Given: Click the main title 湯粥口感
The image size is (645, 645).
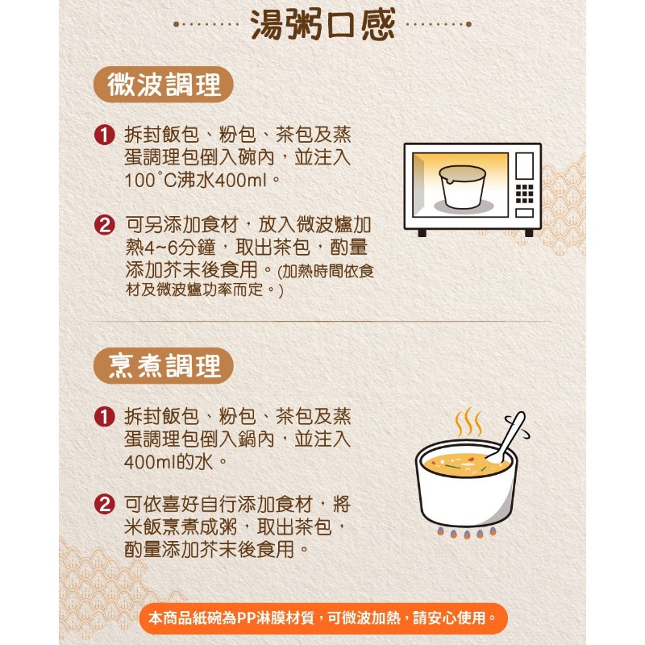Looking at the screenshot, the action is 322,25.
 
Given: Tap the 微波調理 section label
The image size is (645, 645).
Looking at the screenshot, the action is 164,85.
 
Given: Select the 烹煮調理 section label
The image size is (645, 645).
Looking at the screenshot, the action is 164,366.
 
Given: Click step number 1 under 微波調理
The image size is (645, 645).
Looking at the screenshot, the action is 105,135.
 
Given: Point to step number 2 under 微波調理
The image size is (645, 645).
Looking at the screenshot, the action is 105,226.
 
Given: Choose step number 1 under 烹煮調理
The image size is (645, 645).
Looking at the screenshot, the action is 105,417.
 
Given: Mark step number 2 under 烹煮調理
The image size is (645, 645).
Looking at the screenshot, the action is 105,505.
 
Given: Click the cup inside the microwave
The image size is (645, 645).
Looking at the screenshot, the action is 463,186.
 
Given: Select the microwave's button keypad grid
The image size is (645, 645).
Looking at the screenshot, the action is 525,193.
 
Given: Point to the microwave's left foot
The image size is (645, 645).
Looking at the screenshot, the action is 422,233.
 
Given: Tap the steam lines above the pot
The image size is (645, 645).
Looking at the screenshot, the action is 468,422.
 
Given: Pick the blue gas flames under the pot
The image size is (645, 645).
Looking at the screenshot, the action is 467,533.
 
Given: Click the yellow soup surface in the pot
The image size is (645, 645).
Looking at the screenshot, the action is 466,464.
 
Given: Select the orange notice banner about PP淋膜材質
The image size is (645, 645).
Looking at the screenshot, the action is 323,618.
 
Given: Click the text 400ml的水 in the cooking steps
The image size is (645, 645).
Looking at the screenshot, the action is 169,462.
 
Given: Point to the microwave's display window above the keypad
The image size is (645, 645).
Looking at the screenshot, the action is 525,166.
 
